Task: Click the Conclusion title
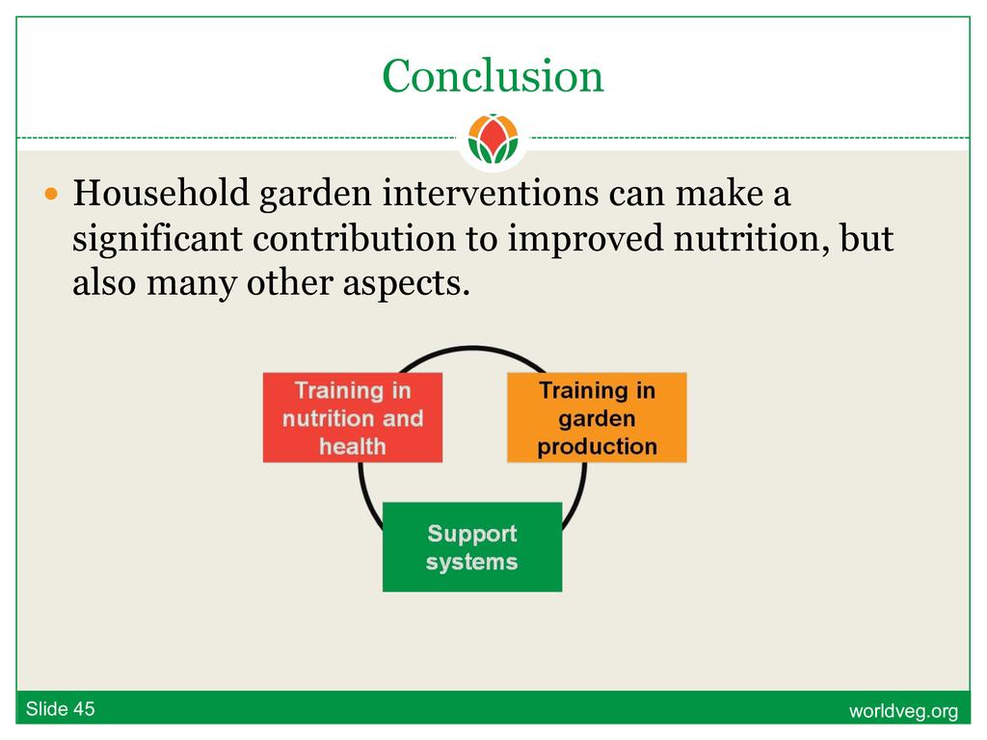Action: (x=493, y=76)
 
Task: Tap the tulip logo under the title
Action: (x=493, y=139)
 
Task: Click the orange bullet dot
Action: (x=52, y=193)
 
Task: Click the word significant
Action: (x=157, y=239)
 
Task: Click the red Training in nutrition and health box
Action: (x=353, y=418)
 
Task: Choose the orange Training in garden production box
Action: (x=597, y=418)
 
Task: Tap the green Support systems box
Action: (x=472, y=547)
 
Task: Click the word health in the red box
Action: (x=353, y=446)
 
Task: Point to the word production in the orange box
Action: (x=598, y=447)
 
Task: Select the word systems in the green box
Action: (x=472, y=562)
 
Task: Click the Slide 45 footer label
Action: (x=61, y=709)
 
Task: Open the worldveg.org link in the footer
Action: (x=903, y=711)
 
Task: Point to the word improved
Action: (x=585, y=239)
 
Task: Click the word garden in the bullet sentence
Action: (x=315, y=194)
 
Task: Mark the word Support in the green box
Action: (x=472, y=534)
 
